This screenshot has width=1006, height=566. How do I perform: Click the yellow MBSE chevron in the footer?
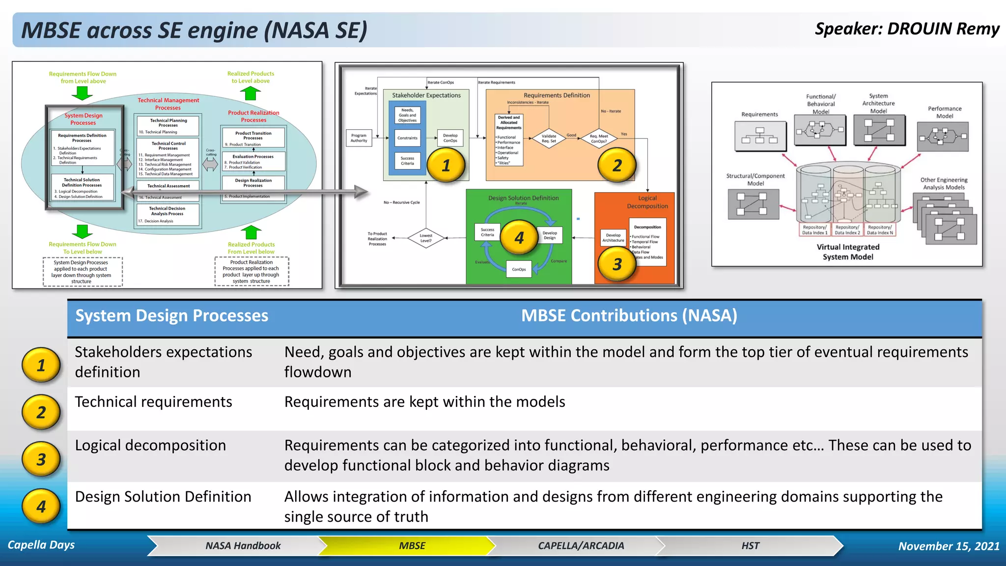point(412,545)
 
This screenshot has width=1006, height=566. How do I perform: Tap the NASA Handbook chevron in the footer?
point(243,545)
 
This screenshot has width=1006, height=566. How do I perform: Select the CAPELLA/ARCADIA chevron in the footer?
point(581,545)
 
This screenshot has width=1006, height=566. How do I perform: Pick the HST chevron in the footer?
point(750,545)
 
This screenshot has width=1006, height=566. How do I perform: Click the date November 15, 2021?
point(949,546)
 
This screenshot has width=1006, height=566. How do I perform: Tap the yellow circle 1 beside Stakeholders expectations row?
point(41,365)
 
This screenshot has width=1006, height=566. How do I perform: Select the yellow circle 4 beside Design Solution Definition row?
point(41,506)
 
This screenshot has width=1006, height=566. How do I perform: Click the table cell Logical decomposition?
point(150,445)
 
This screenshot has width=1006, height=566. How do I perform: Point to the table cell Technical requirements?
point(153,402)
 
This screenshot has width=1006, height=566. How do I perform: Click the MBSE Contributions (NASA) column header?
point(629,315)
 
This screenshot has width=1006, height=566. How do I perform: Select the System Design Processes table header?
point(171,315)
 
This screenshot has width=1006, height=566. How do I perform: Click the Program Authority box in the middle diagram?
point(359,138)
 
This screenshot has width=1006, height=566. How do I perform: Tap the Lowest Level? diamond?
point(426,238)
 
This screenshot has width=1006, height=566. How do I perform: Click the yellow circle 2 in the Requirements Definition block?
point(616,166)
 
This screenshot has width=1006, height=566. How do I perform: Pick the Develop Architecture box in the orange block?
point(613,238)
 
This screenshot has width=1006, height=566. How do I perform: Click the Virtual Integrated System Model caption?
point(848,252)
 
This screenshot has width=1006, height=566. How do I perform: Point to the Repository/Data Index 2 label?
point(847,230)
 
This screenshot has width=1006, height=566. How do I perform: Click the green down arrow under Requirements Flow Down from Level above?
point(83,93)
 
